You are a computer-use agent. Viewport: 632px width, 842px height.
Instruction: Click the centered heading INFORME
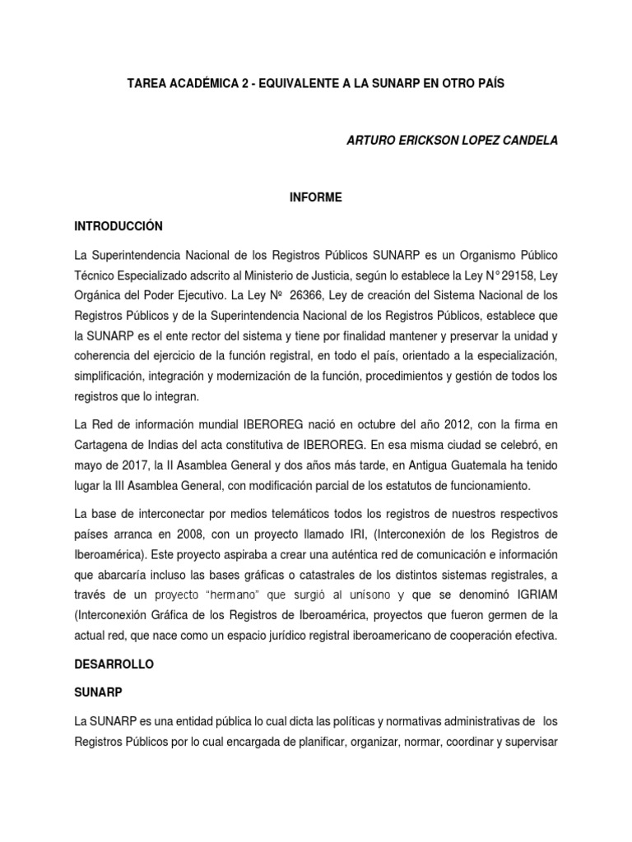click(315, 197)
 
